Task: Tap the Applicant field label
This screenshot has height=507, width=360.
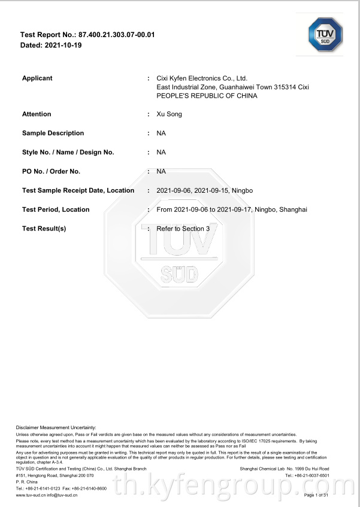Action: (x=37, y=78)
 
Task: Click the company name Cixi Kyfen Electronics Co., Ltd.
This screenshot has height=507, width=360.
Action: (x=202, y=78)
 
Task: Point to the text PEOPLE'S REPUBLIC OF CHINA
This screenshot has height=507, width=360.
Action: (x=207, y=96)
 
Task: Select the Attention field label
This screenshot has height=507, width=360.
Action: (x=37, y=114)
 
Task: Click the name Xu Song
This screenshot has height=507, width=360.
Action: (x=169, y=114)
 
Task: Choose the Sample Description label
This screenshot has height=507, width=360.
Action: (x=53, y=133)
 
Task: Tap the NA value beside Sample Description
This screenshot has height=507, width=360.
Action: (x=161, y=133)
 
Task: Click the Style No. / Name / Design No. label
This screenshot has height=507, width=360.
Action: (x=68, y=152)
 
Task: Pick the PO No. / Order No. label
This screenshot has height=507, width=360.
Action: (x=51, y=171)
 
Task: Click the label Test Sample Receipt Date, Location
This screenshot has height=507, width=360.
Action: (x=78, y=190)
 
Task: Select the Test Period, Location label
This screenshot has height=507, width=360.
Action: (x=56, y=210)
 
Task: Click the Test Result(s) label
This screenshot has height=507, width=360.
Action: (x=44, y=229)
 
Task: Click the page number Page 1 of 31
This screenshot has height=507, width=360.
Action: (x=316, y=496)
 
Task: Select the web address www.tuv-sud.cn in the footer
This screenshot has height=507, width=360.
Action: (x=29, y=496)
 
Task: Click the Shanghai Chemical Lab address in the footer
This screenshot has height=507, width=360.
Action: (x=284, y=468)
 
